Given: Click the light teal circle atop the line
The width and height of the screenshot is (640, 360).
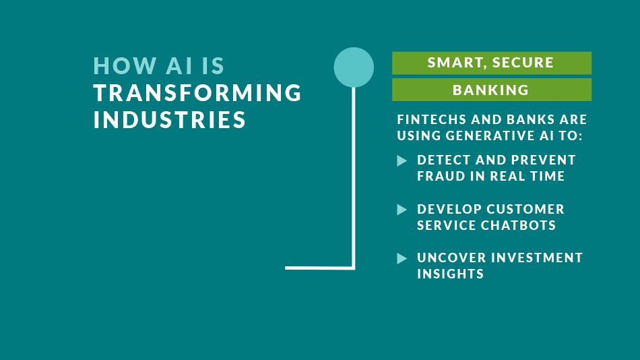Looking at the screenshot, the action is point(354,67).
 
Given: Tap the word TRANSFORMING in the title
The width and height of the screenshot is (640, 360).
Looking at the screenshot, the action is point(197,93).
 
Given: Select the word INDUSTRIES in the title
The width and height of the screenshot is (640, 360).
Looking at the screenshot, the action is point(169,120).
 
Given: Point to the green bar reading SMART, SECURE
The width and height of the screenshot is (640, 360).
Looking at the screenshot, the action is point(491,63).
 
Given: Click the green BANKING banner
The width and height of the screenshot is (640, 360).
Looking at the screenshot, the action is point(491,90).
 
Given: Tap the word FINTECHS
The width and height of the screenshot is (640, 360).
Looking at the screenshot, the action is point(431,119).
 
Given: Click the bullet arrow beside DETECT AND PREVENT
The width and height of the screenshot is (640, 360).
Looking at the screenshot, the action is point(402,160).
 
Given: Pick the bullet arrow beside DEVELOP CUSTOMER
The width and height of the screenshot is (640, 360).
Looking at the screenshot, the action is point(402,210).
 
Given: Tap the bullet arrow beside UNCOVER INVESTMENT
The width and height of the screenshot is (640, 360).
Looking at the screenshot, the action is point(402,258).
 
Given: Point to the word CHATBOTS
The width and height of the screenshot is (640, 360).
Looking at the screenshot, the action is point(518,225).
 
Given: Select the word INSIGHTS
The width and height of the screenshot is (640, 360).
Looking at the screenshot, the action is point(450,274).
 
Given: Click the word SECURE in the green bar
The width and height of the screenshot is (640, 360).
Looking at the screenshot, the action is point(523,63).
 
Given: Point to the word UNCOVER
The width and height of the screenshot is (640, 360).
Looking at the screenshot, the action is point(451,258).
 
